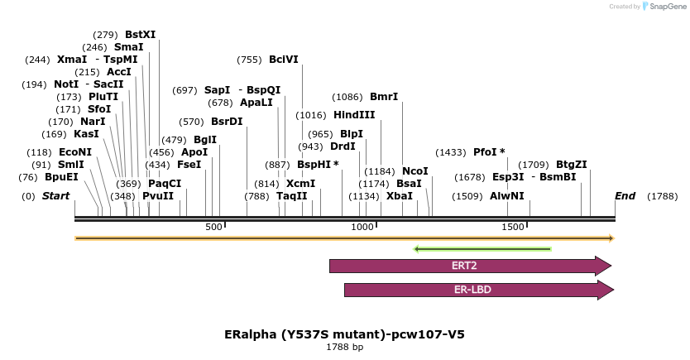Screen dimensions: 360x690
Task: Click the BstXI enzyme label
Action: click(x=140, y=35)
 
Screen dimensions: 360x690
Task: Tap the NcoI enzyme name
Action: click(x=414, y=171)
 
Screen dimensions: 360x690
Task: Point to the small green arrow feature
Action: click(x=482, y=248)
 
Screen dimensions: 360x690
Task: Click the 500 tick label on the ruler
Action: click(x=213, y=227)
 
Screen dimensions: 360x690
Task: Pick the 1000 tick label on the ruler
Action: click(x=362, y=227)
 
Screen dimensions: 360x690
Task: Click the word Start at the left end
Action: click(x=55, y=196)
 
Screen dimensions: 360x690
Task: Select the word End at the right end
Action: click(x=625, y=196)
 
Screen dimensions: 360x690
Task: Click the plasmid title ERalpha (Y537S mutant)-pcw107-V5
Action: click(x=344, y=335)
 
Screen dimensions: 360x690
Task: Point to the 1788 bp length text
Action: click(x=344, y=348)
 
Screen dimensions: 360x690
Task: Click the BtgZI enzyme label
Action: click(x=571, y=165)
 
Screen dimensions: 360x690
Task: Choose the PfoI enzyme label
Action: click(x=489, y=152)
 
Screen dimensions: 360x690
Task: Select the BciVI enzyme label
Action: click(x=283, y=60)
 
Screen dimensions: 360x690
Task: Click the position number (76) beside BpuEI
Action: click(x=28, y=177)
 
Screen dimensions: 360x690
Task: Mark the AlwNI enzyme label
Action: click(x=506, y=196)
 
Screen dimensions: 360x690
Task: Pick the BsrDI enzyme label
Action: click(x=227, y=122)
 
